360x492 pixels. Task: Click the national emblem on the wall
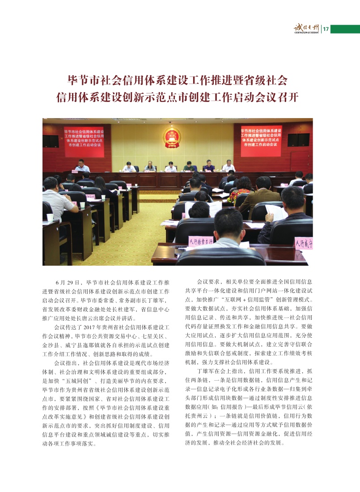coord(172,137)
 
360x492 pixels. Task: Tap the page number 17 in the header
coord(326,29)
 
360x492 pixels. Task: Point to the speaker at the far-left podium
coord(81,165)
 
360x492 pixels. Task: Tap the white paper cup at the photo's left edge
coord(50,218)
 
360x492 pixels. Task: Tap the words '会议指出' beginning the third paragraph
coord(65,363)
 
